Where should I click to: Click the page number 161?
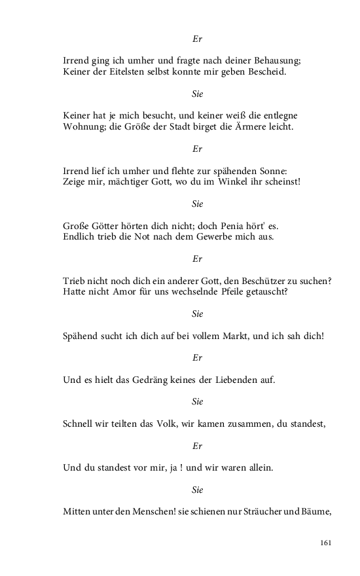(327, 543)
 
